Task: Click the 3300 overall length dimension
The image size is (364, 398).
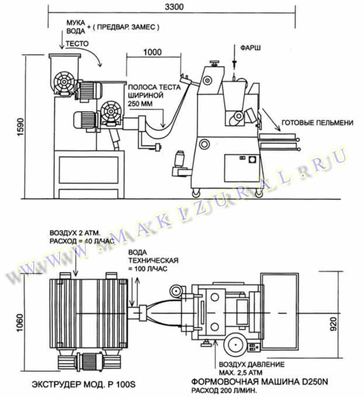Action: (174, 6)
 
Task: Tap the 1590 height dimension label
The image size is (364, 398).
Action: (20, 127)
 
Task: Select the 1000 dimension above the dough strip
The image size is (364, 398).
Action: (152, 52)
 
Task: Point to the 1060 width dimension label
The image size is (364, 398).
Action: (19, 323)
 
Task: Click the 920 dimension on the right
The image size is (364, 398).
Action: (334, 324)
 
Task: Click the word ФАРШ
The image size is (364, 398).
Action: (250, 48)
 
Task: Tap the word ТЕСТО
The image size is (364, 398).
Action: (77, 44)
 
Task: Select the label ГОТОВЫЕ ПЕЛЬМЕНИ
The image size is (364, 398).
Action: (317, 123)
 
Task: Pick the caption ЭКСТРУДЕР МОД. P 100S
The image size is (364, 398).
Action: (84, 385)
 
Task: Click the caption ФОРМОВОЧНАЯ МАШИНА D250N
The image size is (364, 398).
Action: (259, 382)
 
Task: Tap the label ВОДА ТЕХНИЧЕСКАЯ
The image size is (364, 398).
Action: (153, 256)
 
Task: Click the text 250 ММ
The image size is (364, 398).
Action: (140, 104)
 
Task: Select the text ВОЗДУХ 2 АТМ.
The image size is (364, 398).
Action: (75, 233)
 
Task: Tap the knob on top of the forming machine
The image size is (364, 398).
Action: (214, 63)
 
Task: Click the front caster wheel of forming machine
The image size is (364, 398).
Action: (195, 193)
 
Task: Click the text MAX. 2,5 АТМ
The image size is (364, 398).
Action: (241, 373)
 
